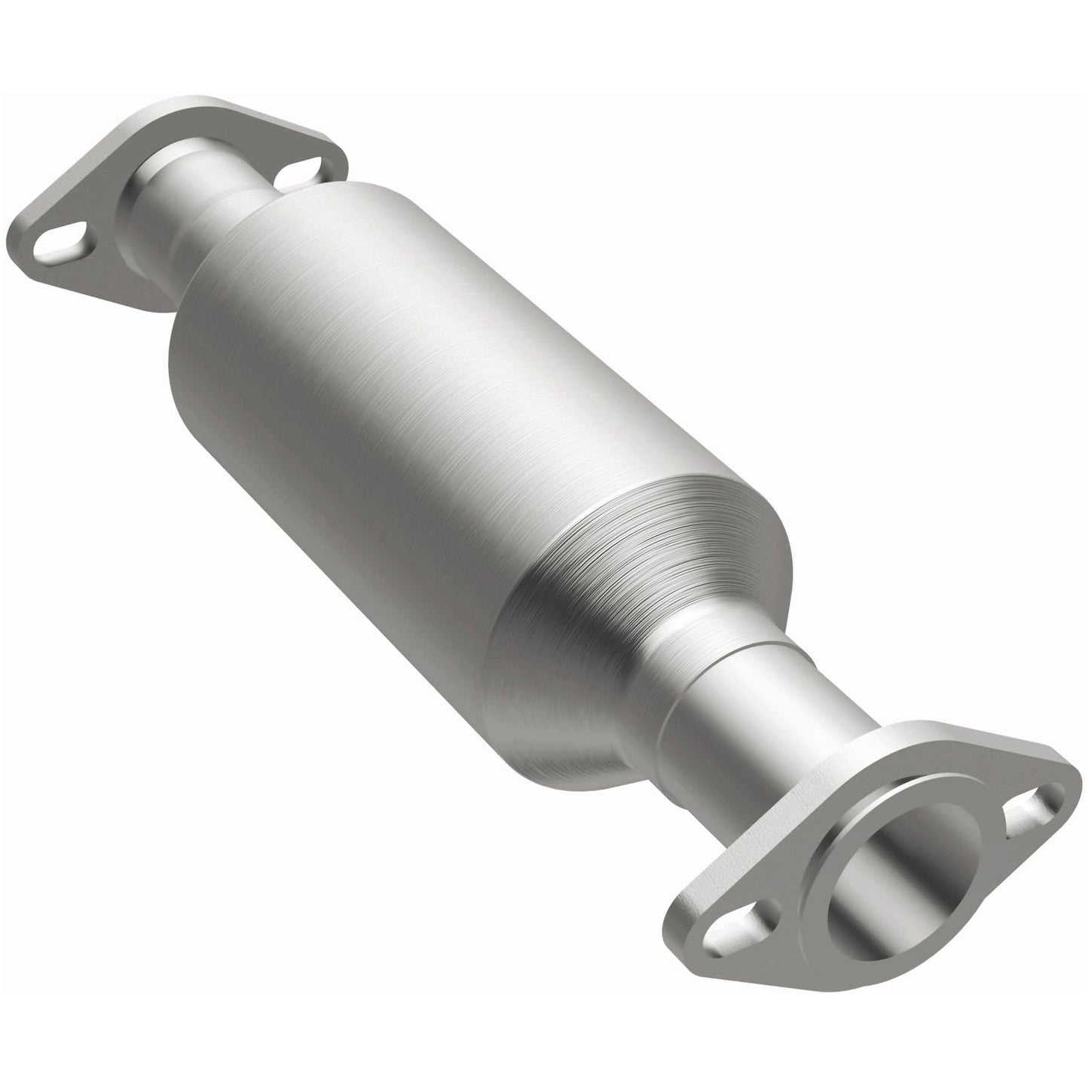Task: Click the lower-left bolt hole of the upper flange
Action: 63,243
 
